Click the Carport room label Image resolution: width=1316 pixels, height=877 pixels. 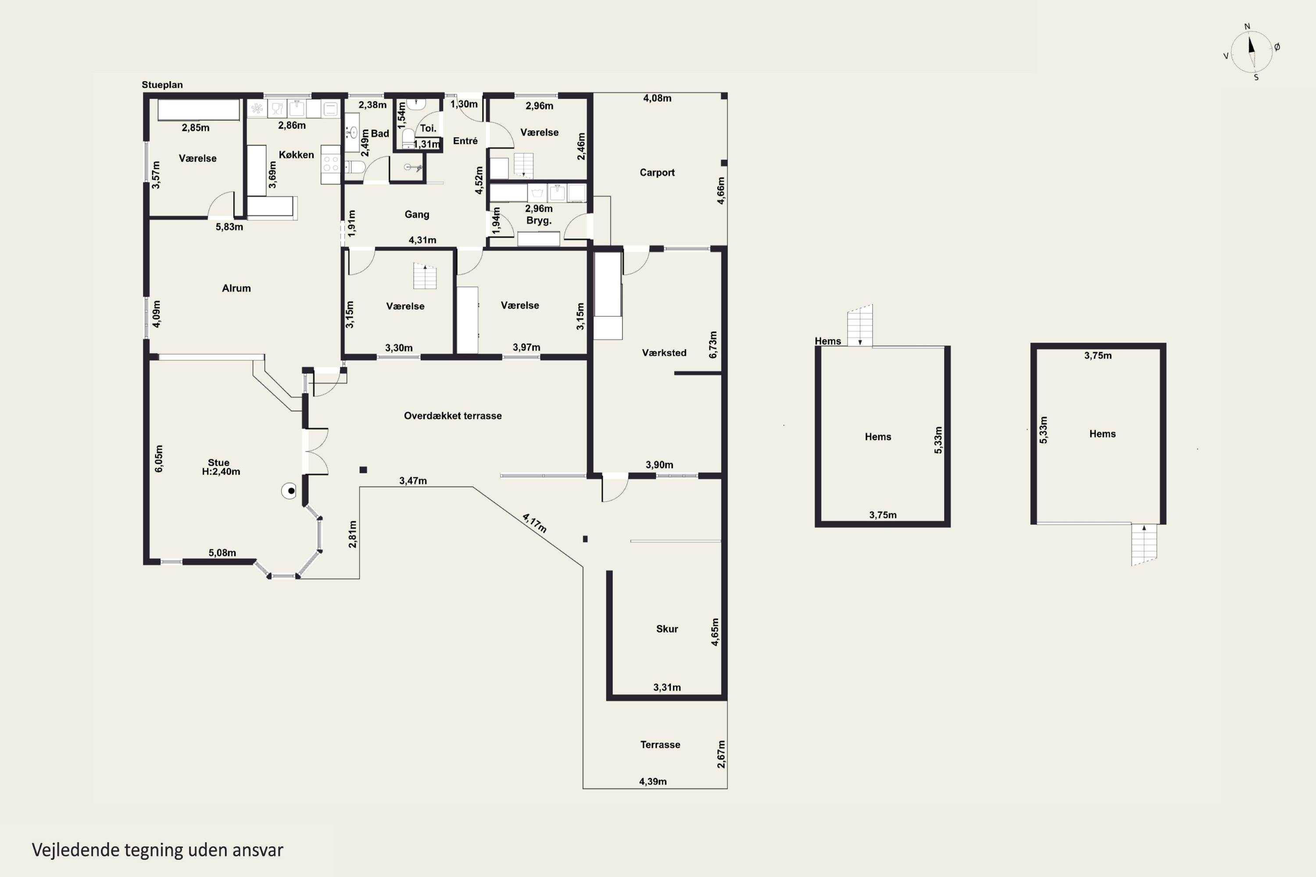tap(657, 172)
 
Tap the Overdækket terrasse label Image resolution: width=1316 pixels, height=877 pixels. tap(453, 416)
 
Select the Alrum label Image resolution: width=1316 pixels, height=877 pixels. tap(236, 288)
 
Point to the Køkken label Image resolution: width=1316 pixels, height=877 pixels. tap(296, 154)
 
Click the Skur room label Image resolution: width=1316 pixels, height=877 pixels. tap(667, 629)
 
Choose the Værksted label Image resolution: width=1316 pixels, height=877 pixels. tap(664, 353)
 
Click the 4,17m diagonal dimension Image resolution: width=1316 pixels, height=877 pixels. tap(534, 523)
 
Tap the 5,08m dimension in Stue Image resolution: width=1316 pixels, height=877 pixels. tap(222, 553)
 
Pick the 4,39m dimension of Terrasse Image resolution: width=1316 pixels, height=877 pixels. tap(653, 781)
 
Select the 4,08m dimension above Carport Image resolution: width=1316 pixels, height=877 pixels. tap(657, 98)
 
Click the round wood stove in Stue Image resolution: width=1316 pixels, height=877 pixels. tap(289, 491)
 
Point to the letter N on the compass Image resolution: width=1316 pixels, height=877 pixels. tap(1247, 26)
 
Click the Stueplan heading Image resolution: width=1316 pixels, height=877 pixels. tap(162, 85)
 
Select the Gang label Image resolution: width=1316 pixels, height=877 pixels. tap(417, 214)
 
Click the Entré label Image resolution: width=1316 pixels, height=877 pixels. tap(465, 140)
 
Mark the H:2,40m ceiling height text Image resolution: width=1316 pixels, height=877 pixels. tap(221, 471)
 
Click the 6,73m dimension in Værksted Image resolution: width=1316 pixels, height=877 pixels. tap(713, 345)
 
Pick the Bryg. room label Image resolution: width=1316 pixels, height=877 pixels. tap(539, 221)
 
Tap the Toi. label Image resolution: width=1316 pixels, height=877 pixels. tap(428, 128)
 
